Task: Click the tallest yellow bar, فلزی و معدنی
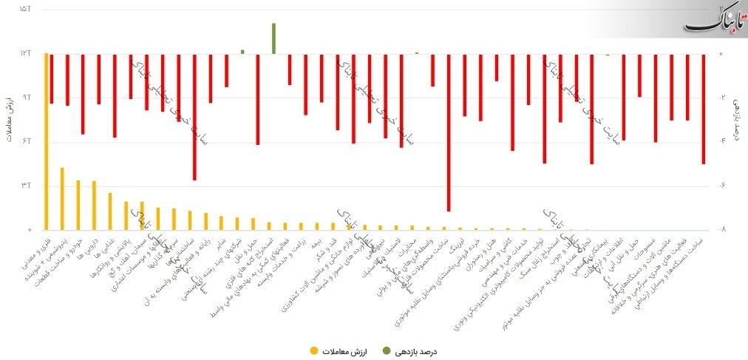(x=47, y=140)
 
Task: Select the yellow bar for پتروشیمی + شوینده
(x=62, y=198)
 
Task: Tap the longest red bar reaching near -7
(x=449, y=132)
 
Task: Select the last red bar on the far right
(x=703, y=109)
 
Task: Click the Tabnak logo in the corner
(x=715, y=19)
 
